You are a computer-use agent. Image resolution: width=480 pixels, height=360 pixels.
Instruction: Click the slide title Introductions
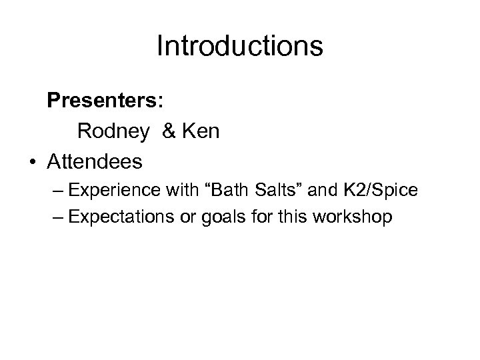(240, 47)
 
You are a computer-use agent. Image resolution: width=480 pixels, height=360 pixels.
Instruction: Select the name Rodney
(113, 131)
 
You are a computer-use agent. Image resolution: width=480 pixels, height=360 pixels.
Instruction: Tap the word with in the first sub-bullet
(175, 191)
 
